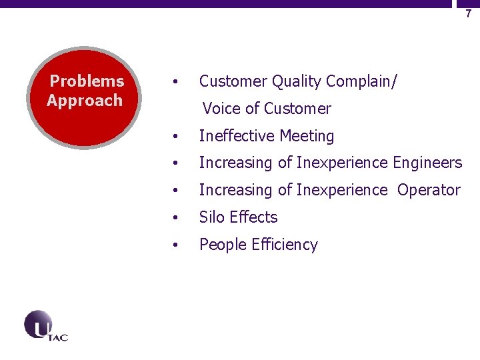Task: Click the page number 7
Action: click(468, 13)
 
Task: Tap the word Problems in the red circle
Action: click(87, 81)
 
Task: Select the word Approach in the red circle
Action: click(85, 101)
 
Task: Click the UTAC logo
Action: click(45, 326)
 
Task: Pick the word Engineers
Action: click(427, 163)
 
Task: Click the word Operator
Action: click(429, 190)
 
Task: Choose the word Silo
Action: click(212, 217)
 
